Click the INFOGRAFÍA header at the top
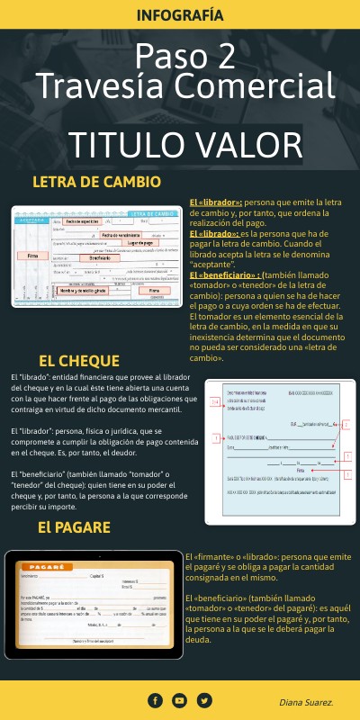pos(180,15)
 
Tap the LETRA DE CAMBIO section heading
pos(96,182)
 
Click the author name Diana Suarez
pos(306,701)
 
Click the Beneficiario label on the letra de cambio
pos(93,257)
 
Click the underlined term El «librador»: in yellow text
pos(216,202)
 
